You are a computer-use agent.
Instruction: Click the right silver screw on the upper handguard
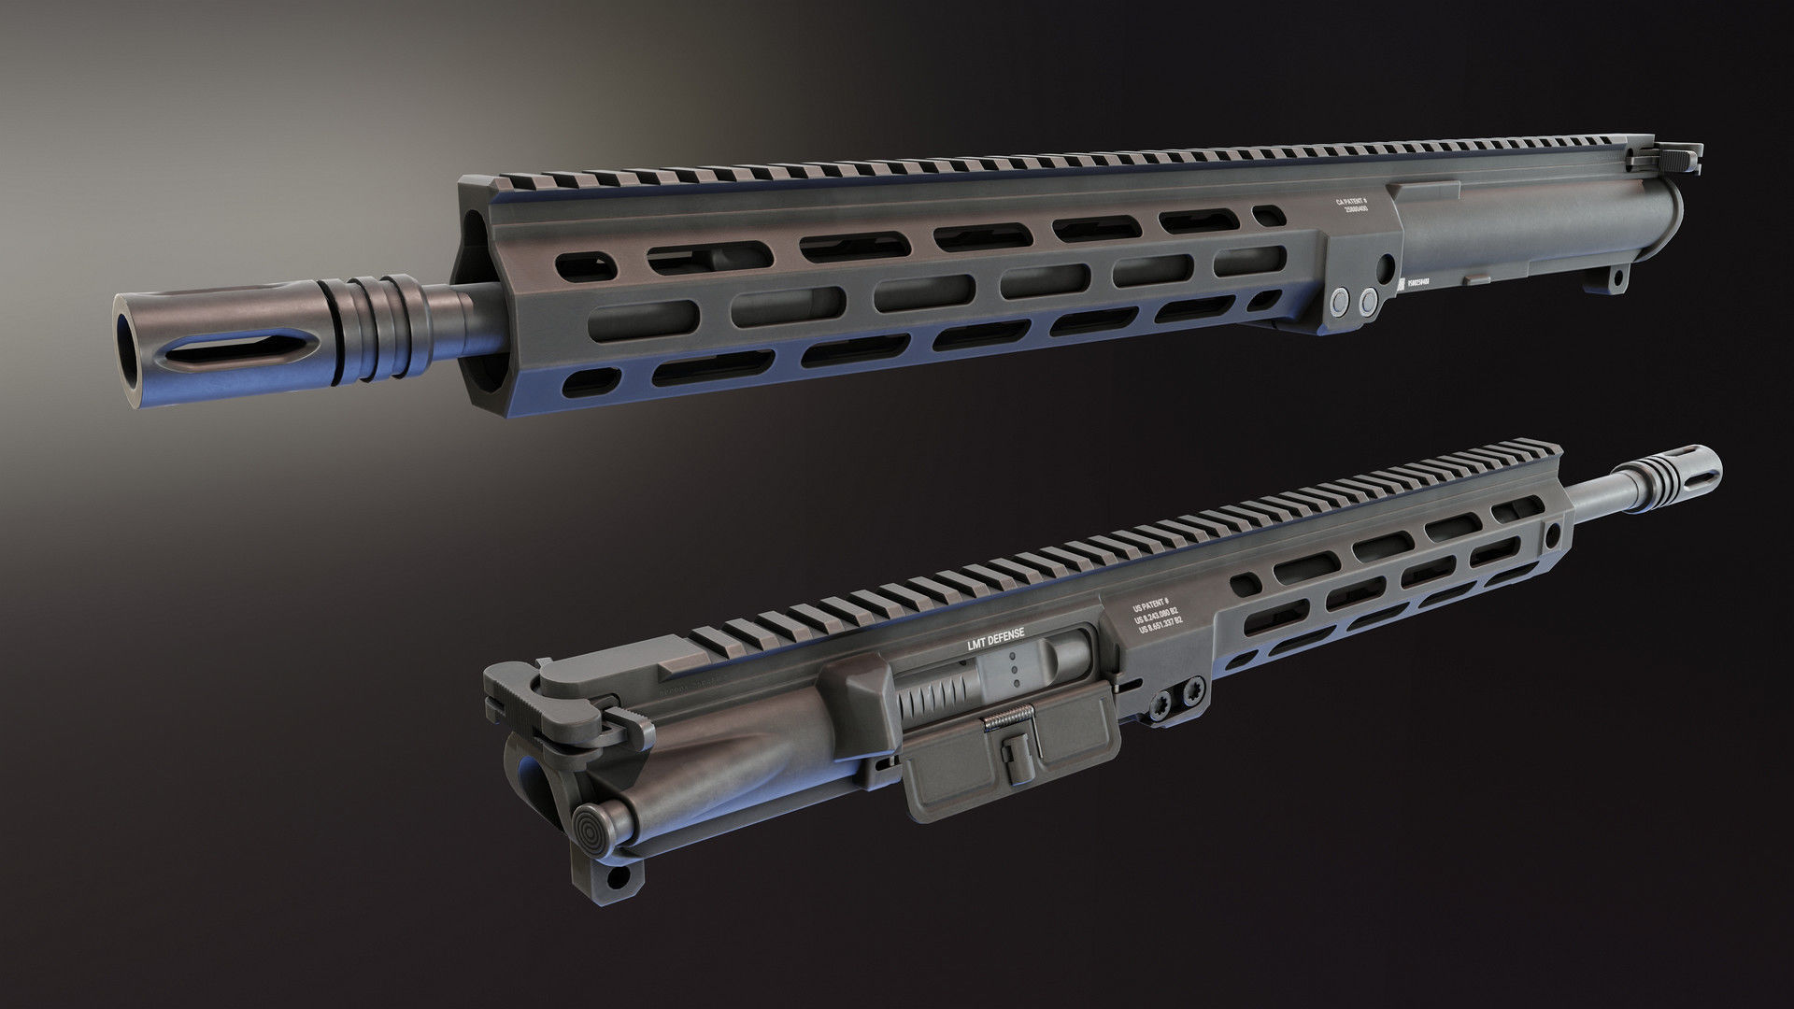point(1369,298)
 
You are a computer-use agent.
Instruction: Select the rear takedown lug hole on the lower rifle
point(618,877)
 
